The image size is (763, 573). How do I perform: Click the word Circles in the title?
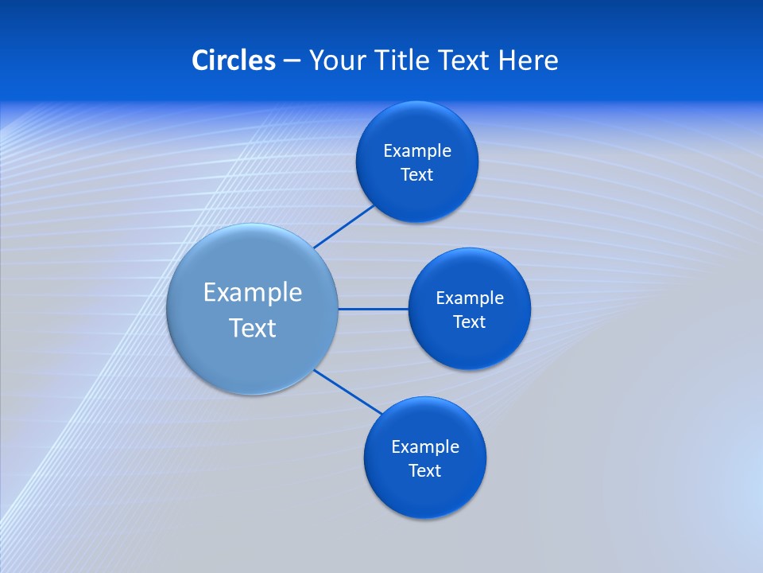[234, 60]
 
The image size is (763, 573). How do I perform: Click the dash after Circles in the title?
[292, 61]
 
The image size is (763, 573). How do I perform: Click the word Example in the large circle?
[253, 293]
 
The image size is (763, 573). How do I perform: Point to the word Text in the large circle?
[253, 328]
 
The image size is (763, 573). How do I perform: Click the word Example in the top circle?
[417, 151]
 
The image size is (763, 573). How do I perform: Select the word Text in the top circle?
[417, 175]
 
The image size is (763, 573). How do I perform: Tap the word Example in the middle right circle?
[470, 298]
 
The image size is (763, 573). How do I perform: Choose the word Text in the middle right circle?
[470, 322]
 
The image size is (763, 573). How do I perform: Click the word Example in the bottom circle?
[425, 447]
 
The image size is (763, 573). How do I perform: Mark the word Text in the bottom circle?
[425, 471]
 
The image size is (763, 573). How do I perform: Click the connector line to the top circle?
[345, 226]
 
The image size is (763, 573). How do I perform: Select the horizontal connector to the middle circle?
[373, 309]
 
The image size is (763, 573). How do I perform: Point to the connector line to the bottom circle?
[348, 392]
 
